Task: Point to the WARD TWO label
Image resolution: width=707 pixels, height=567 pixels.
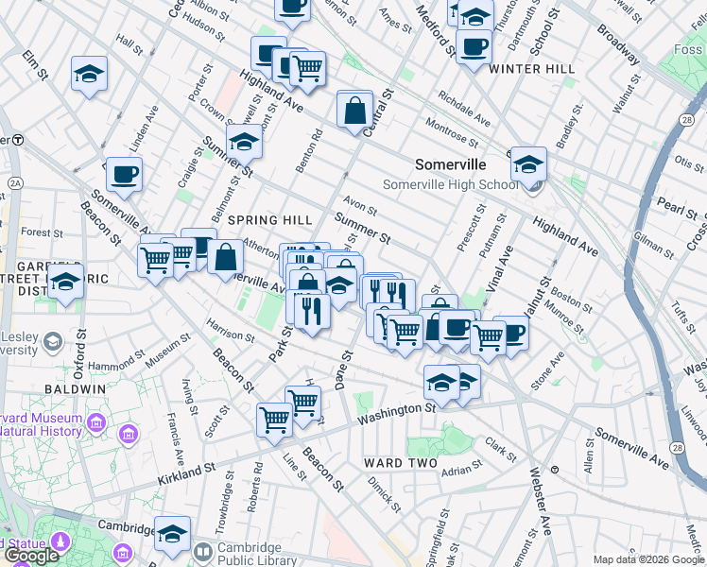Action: (400, 463)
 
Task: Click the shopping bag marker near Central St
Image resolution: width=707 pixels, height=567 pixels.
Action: (354, 111)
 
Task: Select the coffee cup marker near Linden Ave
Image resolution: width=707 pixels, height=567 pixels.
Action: (125, 174)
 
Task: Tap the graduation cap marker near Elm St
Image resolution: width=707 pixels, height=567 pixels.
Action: (89, 73)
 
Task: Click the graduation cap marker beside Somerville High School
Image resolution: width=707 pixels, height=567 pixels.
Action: (528, 163)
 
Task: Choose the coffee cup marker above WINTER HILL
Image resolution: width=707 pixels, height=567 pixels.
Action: (474, 45)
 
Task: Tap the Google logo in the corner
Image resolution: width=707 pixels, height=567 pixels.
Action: (31, 556)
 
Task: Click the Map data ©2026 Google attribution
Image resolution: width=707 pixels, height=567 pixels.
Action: (648, 559)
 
